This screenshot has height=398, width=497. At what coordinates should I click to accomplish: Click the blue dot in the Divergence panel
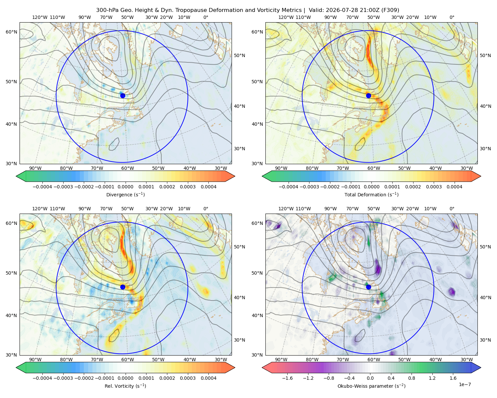pyautogui.click(x=123, y=96)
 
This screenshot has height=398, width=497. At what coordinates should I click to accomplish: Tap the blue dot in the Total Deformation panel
pyautogui.click(x=368, y=96)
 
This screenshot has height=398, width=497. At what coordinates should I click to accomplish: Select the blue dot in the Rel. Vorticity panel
pyautogui.click(x=123, y=287)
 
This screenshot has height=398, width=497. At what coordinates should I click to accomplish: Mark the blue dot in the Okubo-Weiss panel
pyautogui.click(x=368, y=287)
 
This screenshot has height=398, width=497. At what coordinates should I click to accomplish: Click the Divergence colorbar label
pyautogui.click(x=125, y=194)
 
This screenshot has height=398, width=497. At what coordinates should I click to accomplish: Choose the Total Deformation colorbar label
pyautogui.click(x=371, y=194)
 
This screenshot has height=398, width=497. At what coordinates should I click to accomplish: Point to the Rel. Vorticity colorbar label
pyautogui.click(x=125, y=386)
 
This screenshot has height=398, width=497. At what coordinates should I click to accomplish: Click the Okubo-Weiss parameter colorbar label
pyautogui.click(x=371, y=386)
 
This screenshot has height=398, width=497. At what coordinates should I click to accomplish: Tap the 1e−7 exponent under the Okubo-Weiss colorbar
pyautogui.click(x=465, y=384)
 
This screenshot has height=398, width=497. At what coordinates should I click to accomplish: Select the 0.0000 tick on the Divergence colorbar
pyautogui.click(x=125, y=187)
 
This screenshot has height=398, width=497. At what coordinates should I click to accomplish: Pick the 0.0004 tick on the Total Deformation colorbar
pyautogui.click(x=454, y=187)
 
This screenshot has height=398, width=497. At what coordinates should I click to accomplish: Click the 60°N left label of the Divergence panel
pyautogui.click(x=11, y=32)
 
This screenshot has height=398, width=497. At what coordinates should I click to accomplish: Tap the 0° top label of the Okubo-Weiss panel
pyautogui.click(x=452, y=209)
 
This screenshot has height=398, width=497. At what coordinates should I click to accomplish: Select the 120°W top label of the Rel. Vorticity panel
pyautogui.click(x=40, y=209)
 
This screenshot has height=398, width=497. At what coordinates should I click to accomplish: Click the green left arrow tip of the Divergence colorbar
pyautogui.click(x=16, y=176)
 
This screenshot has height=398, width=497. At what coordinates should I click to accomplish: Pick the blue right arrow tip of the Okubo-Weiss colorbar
pyautogui.click(x=481, y=367)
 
